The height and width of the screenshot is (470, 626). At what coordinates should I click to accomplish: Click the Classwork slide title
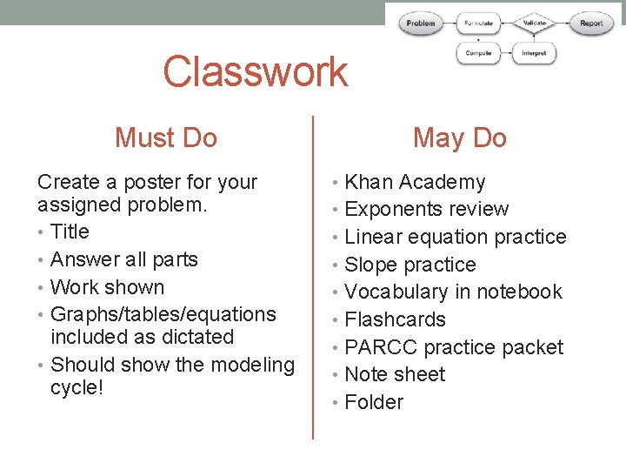point(255,71)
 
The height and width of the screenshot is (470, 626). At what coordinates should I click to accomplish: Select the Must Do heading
point(166,138)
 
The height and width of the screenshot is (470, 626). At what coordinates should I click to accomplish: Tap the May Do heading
point(459,138)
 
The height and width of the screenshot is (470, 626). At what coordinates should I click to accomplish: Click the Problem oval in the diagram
point(421,23)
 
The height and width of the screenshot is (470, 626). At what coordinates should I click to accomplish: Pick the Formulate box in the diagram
point(478,23)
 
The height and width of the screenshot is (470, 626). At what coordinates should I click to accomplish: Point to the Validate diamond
point(534,23)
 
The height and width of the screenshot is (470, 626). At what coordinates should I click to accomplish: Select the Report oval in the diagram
point(591,23)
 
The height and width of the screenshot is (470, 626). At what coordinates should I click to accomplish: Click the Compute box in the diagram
point(478,53)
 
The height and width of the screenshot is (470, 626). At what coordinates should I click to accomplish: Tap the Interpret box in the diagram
point(534,53)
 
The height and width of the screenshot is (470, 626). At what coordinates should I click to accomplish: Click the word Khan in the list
point(371,182)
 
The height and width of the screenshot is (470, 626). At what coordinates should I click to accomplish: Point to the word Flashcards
point(395,319)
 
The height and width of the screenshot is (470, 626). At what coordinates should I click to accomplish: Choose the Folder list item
point(374,402)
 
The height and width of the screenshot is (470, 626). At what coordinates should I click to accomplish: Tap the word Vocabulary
point(396,292)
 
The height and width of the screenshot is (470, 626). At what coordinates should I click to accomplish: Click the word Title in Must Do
point(70,232)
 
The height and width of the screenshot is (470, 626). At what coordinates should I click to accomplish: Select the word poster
point(153,182)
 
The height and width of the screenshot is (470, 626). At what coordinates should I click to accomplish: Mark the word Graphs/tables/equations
point(163,314)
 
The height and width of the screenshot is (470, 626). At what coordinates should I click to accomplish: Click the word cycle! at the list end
point(77,386)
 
